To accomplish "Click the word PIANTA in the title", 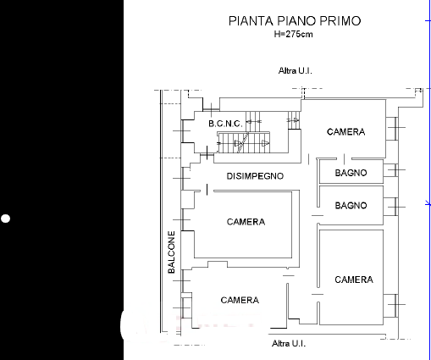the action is [251, 21].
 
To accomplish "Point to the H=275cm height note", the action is [293, 34].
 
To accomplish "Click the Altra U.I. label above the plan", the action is [296, 70].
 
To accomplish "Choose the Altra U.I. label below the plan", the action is [289, 344].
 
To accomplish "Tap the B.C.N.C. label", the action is [225, 124].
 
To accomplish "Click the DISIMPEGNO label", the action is [255, 176].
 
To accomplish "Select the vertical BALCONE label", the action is [171, 252].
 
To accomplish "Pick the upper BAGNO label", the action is [351, 173].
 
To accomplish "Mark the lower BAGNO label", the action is [351, 205].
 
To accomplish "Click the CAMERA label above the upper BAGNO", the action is [345, 132].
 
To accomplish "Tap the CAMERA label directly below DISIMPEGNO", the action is [246, 222].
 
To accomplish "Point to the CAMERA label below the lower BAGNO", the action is [354, 280].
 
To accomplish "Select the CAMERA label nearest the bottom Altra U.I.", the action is [240, 300].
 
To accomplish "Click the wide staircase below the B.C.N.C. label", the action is [244, 143].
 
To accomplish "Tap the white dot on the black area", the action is [5, 219].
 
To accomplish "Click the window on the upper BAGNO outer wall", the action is [395, 170].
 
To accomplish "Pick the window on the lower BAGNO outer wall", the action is [395, 207].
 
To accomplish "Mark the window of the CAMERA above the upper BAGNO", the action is [395, 128].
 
